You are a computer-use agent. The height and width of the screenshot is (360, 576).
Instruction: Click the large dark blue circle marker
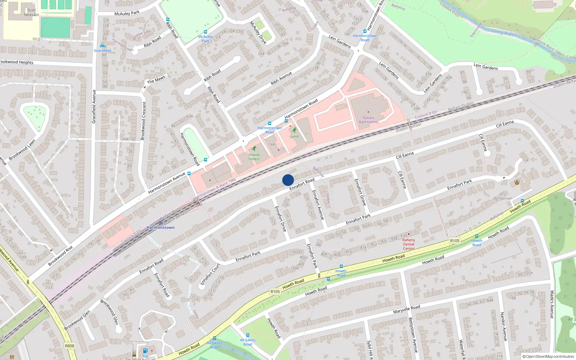pyautogui.click(x=288, y=180)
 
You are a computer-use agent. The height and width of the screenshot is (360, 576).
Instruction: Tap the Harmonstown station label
pyautogui.click(x=161, y=228)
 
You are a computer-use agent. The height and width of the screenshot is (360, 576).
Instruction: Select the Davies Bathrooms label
pyautogui.click(x=368, y=120)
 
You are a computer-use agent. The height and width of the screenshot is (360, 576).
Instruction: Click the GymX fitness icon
pyautogui.click(x=294, y=130)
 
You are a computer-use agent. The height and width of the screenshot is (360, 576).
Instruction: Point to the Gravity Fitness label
pyautogui.click(x=254, y=157)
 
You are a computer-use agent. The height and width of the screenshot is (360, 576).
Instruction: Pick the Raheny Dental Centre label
pyautogui.click(x=409, y=244)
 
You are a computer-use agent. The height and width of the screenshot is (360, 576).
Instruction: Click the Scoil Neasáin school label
pyautogui.click(x=31, y=12)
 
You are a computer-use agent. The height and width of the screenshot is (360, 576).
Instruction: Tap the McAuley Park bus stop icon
pyautogui.click(x=206, y=32)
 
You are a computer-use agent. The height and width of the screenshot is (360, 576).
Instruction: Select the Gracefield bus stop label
pyautogui.click(x=102, y=51)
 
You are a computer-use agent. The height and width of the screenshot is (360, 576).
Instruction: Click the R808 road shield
pyautogui.click(x=69, y=346)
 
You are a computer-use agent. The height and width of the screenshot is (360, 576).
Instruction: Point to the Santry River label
pyautogui.click(x=503, y=32)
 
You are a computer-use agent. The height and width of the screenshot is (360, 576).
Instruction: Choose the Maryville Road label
pyautogui.click(x=406, y=309)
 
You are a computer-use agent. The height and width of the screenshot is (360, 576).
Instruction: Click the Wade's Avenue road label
pyautogui.click(x=552, y=305)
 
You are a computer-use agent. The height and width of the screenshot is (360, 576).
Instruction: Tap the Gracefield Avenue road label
pyautogui.click(x=94, y=107)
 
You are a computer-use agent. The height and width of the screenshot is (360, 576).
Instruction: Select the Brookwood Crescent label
pyautogui.click(x=143, y=121)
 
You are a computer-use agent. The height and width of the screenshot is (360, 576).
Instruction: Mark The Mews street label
pyautogui.click(x=156, y=79)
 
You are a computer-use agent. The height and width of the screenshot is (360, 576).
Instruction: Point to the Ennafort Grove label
pyautogui.click(x=360, y=192)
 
